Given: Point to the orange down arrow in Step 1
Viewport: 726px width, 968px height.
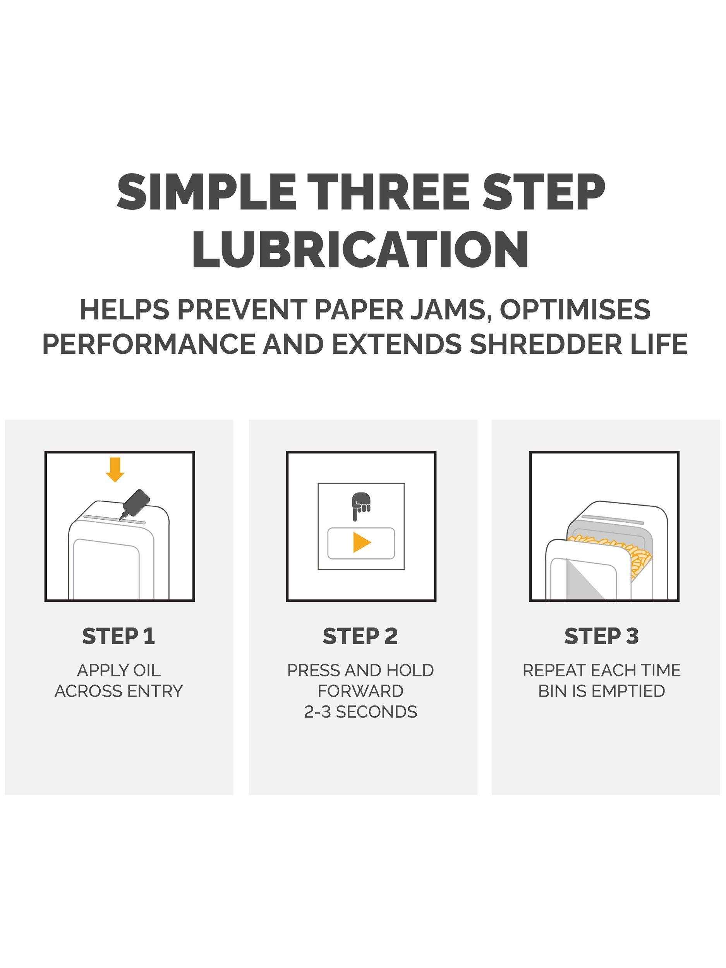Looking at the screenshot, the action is [115, 470].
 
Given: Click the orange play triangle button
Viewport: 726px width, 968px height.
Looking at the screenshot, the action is [362, 542].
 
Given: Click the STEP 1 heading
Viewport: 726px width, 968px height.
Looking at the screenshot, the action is [118, 636].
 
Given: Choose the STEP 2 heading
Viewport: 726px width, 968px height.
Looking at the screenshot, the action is [360, 636].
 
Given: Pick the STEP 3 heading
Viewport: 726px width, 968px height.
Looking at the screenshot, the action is [602, 636].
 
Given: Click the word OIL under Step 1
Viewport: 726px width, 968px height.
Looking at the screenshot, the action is [147, 670].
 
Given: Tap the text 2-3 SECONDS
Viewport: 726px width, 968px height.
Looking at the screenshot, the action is [360, 712].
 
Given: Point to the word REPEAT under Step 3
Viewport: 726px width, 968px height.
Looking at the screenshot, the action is [554, 670].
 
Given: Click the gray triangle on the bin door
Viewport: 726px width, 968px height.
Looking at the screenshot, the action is [580, 582].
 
